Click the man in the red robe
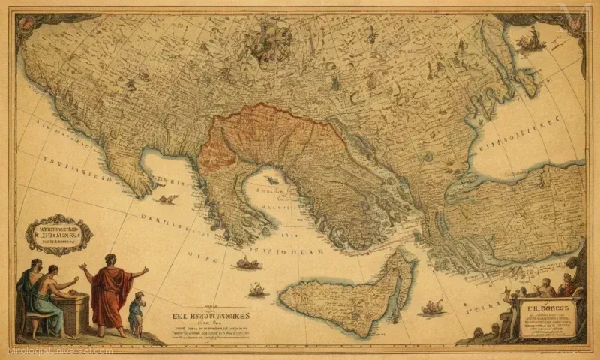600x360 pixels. tap(112, 292)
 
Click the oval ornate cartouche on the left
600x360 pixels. tap(58, 235)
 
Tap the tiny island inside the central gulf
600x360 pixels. tap(271, 180)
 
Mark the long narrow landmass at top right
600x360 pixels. tap(495, 60)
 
